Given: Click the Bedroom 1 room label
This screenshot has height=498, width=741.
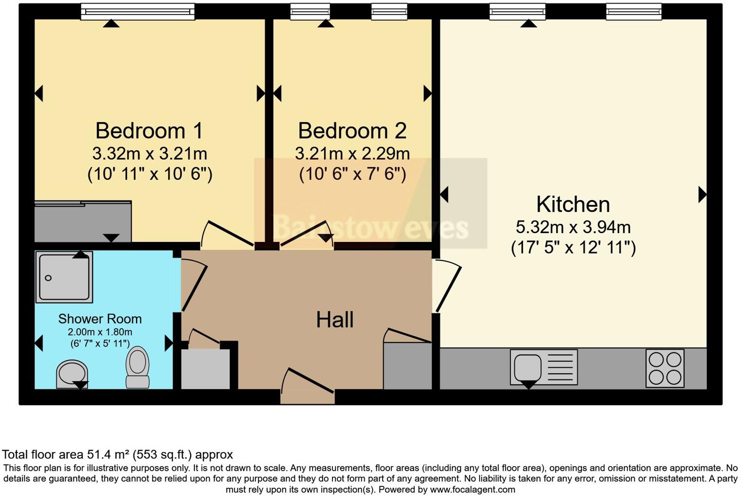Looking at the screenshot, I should click(x=149, y=131).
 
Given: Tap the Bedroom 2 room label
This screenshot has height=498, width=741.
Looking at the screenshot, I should click(x=352, y=131).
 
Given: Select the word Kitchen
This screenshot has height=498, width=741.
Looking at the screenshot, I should click(x=573, y=204).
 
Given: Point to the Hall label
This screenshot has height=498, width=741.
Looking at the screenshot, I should click(x=334, y=320).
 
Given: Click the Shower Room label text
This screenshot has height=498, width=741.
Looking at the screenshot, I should click(x=100, y=319).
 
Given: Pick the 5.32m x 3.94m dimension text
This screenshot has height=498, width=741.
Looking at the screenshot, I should click(x=573, y=227).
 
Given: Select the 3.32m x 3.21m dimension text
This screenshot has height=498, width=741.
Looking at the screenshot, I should click(x=149, y=154).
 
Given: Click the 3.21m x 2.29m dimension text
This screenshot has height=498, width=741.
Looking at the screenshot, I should click(x=352, y=154).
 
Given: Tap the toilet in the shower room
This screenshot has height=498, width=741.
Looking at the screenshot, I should click(x=137, y=367).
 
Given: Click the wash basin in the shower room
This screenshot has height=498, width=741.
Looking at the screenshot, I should click(x=72, y=373).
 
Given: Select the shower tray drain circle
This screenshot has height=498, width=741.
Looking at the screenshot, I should click(x=48, y=278).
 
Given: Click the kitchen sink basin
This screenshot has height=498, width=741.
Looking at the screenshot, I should click(x=527, y=367).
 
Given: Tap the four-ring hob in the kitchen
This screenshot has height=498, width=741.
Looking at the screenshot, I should click(x=664, y=368).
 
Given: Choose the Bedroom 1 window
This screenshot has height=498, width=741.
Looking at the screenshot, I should click(x=137, y=11).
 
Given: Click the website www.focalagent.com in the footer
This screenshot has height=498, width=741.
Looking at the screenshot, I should click(x=472, y=489).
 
